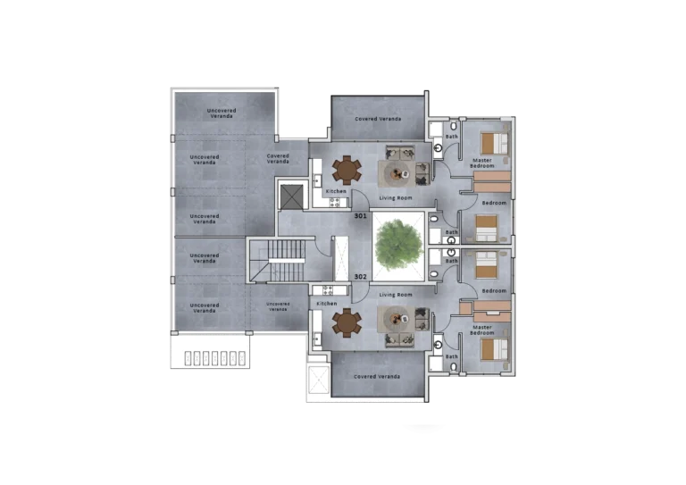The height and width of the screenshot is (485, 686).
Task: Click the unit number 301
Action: point(361,216)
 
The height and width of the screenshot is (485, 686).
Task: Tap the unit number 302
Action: point(361,277)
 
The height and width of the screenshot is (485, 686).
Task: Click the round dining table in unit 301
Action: point(347,171)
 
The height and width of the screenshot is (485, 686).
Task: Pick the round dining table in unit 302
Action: point(347,323)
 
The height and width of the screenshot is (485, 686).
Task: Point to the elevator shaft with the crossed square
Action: point(291,197)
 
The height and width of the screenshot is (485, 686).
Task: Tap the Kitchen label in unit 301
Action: point(336,191)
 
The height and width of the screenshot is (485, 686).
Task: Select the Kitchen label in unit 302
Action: point(327,304)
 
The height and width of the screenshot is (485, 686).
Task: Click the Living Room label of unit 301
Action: point(396,198)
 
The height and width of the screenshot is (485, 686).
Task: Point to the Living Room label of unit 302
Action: point(396,295)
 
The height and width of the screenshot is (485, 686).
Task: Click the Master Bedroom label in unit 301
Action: point(482,163)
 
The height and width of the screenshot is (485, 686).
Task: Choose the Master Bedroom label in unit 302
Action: point(482,330)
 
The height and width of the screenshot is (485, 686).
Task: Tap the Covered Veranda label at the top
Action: point(378,119)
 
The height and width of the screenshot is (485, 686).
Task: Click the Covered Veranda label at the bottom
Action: point(377,377)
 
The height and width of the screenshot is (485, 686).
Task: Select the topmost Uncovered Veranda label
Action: point(222,113)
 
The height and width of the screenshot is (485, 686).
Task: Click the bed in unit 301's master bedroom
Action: point(494,144)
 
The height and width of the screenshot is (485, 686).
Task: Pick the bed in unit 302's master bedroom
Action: point(494,349)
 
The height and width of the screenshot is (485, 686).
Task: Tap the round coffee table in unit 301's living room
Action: point(398,174)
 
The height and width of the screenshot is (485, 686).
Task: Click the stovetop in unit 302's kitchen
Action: point(328,290)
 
